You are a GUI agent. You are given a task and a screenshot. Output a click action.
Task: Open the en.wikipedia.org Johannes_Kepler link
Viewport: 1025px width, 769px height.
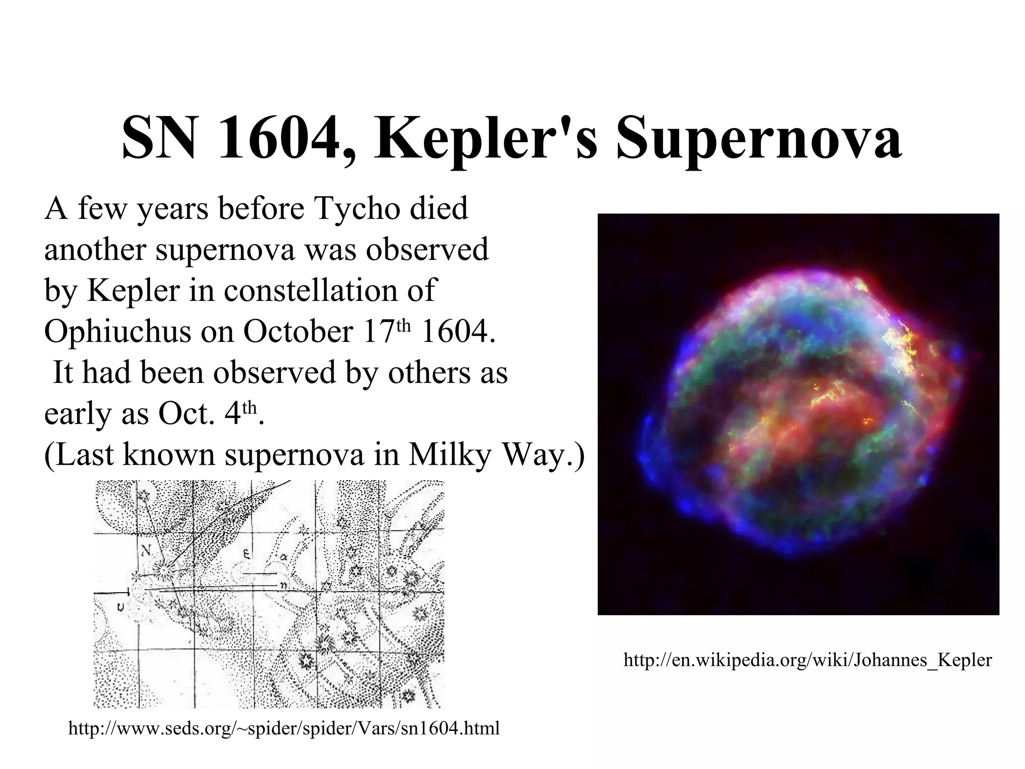click(x=807, y=660)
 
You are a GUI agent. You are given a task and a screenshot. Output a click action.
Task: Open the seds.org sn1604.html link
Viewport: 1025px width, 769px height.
click(x=284, y=728)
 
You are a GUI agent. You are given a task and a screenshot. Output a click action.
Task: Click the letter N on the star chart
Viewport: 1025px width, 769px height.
click(x=146, y=551)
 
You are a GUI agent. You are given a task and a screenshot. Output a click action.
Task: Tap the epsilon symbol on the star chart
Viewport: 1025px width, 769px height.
click(x=247, y=554)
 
